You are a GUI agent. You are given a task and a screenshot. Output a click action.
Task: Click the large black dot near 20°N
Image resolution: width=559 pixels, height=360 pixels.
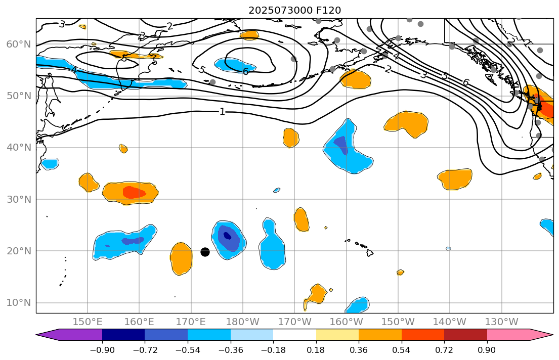pos(205,252)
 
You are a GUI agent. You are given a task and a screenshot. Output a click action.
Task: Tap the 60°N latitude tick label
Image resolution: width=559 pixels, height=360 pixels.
pos(18,44)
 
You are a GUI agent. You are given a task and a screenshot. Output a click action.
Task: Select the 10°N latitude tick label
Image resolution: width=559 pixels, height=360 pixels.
pos(18,303)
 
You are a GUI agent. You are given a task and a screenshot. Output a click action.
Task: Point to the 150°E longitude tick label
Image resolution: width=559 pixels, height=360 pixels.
pos(88,322)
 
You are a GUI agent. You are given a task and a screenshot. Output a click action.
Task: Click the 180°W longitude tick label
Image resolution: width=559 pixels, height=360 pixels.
pos(243,322)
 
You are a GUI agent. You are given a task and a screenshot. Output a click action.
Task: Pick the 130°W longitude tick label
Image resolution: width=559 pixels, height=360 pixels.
pos(501,322)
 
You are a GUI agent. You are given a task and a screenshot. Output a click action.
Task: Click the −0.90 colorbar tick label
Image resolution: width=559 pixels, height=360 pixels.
pos(102,350)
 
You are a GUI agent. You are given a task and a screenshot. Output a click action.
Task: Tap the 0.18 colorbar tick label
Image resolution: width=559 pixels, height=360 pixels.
pos(316,350)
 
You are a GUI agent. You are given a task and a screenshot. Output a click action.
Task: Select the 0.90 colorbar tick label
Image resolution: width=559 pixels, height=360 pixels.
pos(487,350)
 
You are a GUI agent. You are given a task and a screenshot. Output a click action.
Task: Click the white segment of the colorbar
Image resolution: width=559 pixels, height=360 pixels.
pos(294,335)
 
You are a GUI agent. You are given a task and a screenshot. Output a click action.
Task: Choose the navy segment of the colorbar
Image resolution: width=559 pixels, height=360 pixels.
pos(123,335)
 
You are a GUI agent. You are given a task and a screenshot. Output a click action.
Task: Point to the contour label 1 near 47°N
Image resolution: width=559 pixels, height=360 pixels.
pos(222,111)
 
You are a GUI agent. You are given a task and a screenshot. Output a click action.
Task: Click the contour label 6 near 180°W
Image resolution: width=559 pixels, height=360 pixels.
pos(245,72)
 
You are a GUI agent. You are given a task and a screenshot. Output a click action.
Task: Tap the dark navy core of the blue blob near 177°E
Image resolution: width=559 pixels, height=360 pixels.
pos(227,235)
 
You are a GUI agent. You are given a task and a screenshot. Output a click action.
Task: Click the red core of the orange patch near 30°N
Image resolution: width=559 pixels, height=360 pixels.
pos(135,192)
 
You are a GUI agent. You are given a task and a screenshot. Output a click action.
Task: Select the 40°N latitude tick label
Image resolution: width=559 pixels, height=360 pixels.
pos(18,148)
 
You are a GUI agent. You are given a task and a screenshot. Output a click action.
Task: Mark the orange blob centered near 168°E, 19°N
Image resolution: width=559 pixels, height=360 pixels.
pos(181,258)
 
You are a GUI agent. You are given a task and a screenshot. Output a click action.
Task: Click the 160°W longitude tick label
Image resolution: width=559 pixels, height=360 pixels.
pos(346,322)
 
